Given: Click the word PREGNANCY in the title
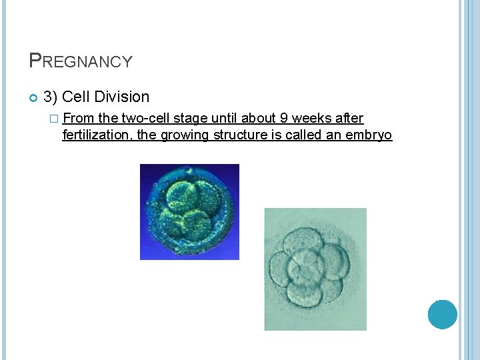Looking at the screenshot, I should (81, 61).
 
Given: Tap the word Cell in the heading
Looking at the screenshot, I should (76, 97).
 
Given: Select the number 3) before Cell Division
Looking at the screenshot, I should (51, 97).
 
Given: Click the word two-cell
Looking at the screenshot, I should (145, 119).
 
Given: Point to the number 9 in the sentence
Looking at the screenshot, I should (284, 119).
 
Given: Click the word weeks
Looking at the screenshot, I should (313, 119).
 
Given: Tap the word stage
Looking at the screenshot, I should (190, 119).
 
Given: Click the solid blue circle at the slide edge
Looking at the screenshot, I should (442, 314).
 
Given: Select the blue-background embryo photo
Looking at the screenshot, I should (189, 211).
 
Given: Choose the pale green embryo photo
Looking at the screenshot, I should (315, 269).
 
